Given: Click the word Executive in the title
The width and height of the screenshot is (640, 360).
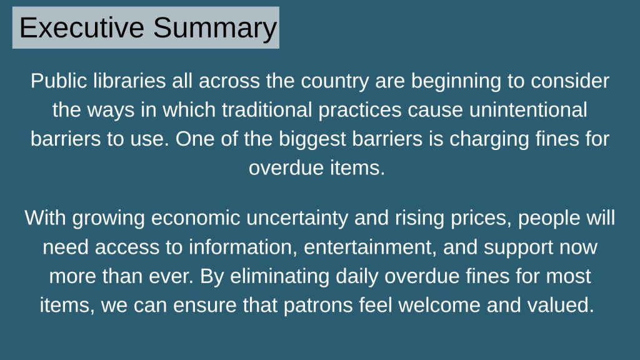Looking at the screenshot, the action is tap(82, 27).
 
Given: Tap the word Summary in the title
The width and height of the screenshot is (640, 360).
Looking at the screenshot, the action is tap(215, 28).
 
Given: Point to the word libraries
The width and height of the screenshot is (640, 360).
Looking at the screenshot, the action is tap(129, 81).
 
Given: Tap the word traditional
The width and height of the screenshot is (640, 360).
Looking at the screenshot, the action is tap(267, 110).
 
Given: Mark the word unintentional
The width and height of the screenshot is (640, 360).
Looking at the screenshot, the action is tap(527, 110).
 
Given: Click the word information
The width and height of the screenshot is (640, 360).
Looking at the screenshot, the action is tap(243, 247).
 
